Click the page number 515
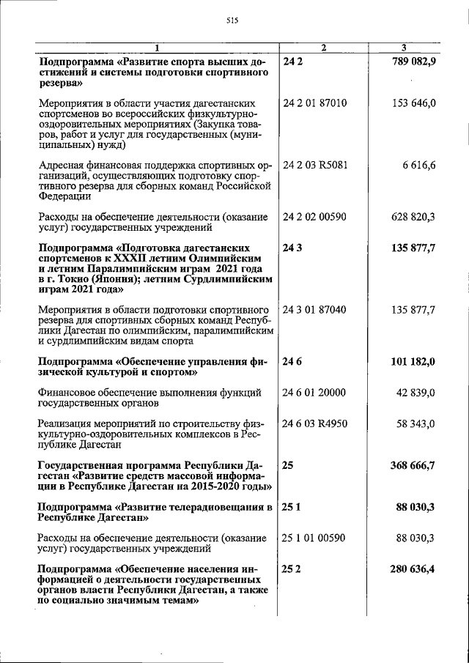pyautogui.click(x=234, y=21)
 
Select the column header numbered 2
pyautogui.click(x=323, y=48)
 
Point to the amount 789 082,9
pyautogui.click(x=410, y=62)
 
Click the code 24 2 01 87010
pyautogui.click(x=314, y=103)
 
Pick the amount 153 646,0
pyautogui.click(x=414, y=103)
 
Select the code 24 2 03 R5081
pyautogui.click(x=315, y=165)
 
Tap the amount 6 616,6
pyautogui.click(x=420, y=165)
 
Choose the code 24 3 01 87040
pyautogui.click(x=314, y=310)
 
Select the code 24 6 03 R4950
pyautogui.click(x=315, y=423)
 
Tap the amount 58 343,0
pyautogui.click(x=416, y=423)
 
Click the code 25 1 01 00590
pyautogui.click(x=314, y=538)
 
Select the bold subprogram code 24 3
pyautogui.click(x=292, y=248)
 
